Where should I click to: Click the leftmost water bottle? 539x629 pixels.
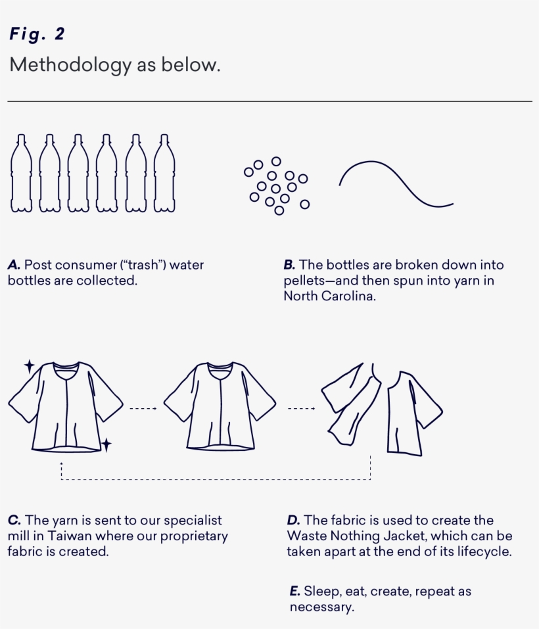pos(21,174)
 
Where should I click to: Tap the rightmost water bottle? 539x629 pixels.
pos(164,174)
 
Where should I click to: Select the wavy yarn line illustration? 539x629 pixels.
pos(396,184)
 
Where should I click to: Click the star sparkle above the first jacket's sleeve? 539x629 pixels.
pos(30,366)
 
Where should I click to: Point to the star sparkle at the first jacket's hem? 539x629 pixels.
pos(106,444)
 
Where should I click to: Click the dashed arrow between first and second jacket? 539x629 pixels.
pos(143,408)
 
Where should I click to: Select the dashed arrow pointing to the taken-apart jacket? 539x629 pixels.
pos(301,408)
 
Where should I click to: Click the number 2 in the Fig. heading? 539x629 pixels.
pos(59,34)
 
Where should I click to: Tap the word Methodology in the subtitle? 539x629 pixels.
pos(70,65)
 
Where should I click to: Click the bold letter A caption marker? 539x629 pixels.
pos(14,265)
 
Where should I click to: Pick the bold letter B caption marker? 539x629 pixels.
pos(289,265)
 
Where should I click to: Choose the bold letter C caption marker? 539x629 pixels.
pos(14,521)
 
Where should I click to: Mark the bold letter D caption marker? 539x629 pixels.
pos(294,521)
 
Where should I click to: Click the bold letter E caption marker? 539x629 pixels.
pos(294,592)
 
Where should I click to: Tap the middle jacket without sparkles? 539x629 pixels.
pos(220,406)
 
